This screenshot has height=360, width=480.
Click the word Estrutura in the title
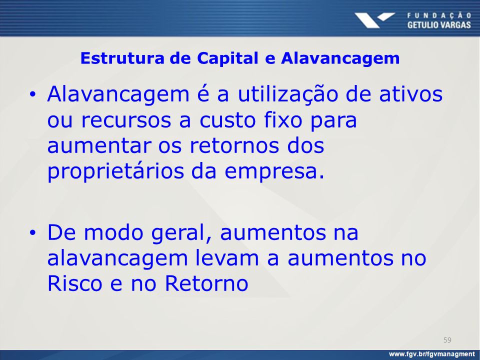tap(122, 58)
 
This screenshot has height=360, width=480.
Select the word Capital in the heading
tap(227, 58)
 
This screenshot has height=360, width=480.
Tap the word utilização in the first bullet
tap(288, 95)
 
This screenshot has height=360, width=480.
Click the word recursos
tap(126, 120)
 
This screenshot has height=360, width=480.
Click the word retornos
tap(234, 145)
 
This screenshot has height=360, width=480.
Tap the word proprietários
tap(115, 171)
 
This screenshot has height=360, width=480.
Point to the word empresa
tap(274, 172)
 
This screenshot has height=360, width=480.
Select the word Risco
tap(74, 283)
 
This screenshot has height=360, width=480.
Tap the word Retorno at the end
tap(206, 283)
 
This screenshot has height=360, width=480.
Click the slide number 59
tap(447, 340)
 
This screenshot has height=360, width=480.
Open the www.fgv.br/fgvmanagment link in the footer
tap(431, 354)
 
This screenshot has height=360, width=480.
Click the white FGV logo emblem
tap(374, 20)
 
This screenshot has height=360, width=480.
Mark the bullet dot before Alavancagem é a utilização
tap(33, 94)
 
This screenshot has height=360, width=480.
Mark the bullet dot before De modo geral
tap(33, 233)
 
